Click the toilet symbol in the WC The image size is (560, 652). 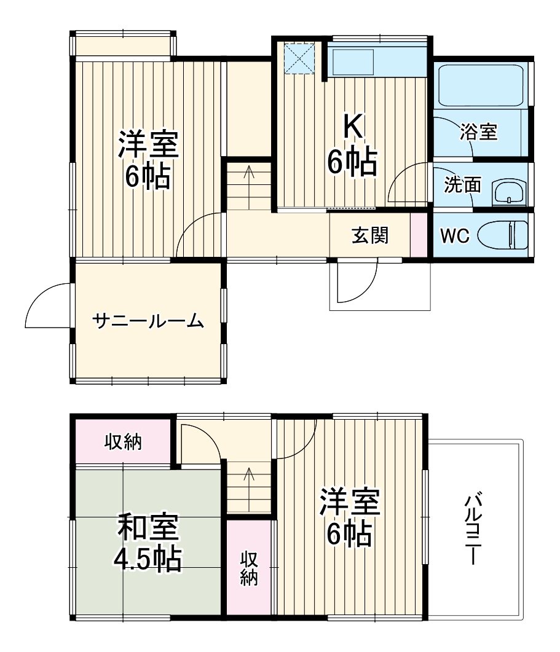[503, 236]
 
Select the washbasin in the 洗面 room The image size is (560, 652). [509, 192]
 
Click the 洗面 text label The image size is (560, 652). [462, 186]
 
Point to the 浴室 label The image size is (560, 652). [479, 132]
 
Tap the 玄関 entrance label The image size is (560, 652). [370, 235]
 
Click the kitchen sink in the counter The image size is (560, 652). [353, 61]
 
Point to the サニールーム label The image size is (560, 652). [148, 320]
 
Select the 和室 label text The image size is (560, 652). [148, 528]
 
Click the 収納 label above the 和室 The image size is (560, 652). [123, 441]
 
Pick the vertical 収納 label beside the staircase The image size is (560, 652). [248, 568]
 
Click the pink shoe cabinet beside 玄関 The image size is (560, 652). [418, 235]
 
